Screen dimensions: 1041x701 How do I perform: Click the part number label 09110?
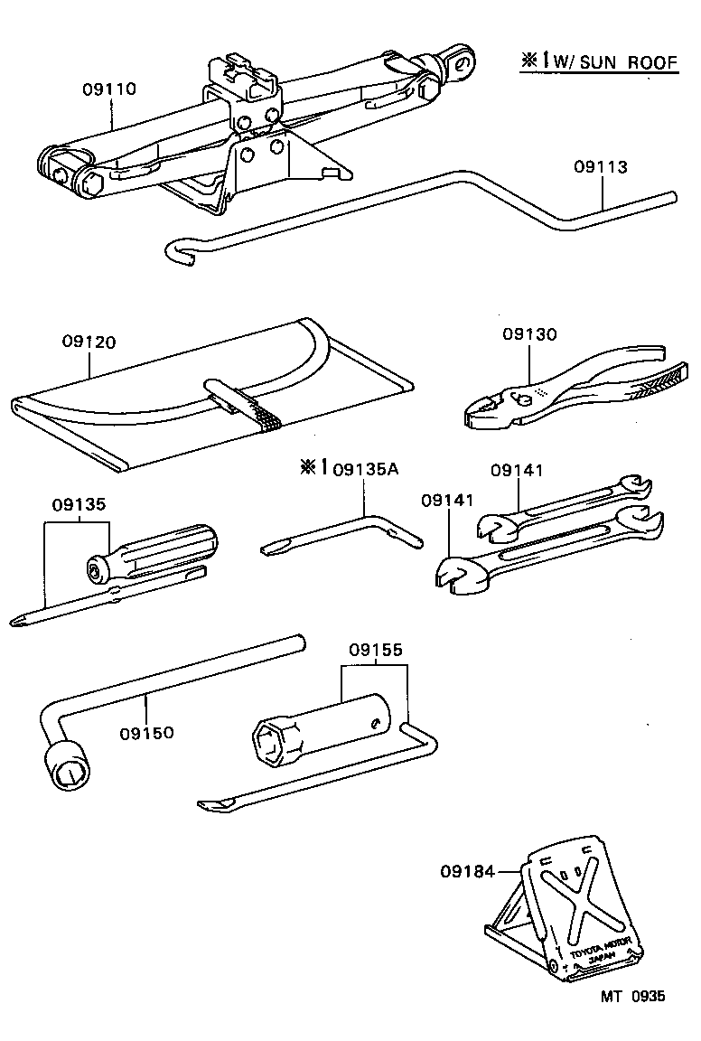click(109, 89)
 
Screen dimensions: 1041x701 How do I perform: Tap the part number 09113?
click(600, 167)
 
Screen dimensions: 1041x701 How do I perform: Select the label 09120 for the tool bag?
click(89, 342)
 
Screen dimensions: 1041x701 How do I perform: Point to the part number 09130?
click(529, 334)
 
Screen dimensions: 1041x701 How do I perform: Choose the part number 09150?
click(145, 732)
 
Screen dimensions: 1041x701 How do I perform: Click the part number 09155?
click(376, 650)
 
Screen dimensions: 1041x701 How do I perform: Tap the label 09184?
click(468, 871)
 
